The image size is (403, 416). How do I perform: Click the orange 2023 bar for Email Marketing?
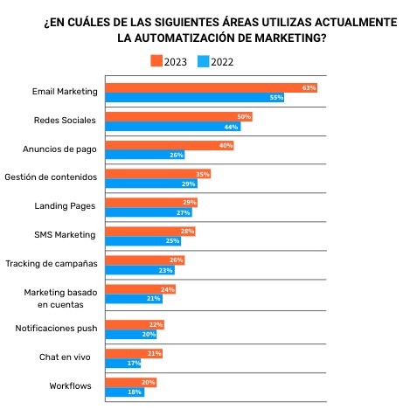point(210,88)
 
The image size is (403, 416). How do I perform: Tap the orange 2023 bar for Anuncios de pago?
point(169,145)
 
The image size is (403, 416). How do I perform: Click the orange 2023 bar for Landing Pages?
point(150,203)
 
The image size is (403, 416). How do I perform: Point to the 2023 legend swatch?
point(156,61)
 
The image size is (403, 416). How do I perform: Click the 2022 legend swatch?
point(203,61)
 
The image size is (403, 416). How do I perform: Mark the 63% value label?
point(308,88)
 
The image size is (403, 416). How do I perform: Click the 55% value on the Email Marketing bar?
point(276,98)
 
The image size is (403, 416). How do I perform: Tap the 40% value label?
point(226,145)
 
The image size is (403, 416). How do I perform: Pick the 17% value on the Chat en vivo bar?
point(134,362)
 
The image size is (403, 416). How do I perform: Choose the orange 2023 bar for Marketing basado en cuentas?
point(140,288)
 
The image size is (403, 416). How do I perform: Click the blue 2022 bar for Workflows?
point(124,392)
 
